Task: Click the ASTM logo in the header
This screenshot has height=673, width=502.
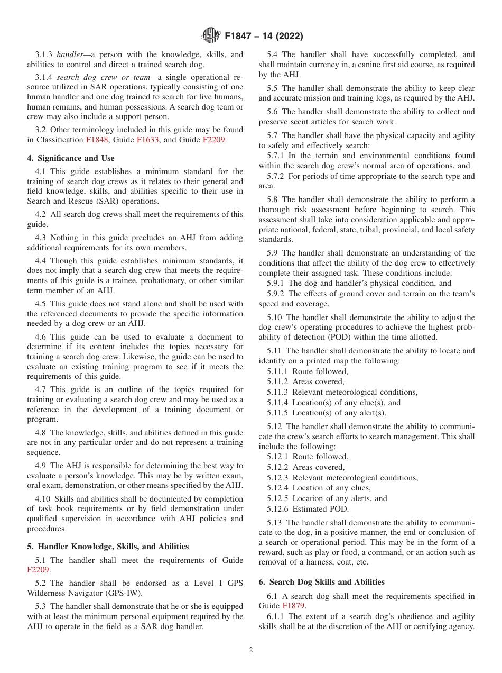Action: (x=211, y=37)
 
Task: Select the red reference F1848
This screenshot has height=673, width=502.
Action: (x=97, y=140)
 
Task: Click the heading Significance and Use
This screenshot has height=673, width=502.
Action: (x=71, y=158)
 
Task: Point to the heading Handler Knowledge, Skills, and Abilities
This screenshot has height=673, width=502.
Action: (x=108, y=547)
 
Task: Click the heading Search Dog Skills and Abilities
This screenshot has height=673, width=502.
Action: (x=321, y=582)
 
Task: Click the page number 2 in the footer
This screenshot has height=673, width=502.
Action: (x=251, y=650)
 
